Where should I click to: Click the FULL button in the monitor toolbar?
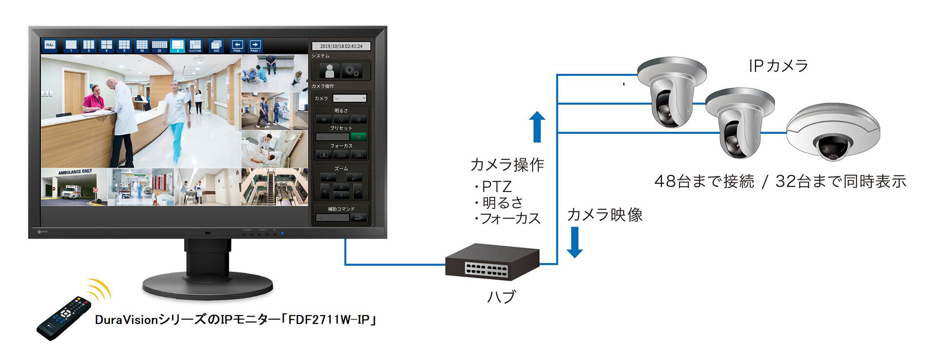point(50,45)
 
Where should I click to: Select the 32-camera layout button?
point(159,46)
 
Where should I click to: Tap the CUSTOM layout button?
point(195,46)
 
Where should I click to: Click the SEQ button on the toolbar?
point(216,46)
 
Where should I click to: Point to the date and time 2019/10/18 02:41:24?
point(341,46)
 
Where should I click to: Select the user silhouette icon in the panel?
point(330,71)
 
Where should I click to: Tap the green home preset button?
point(358,137)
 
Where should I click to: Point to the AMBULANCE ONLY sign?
point(75,172)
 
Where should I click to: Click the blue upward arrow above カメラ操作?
point(537,127)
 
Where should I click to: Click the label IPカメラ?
point(778,66)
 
